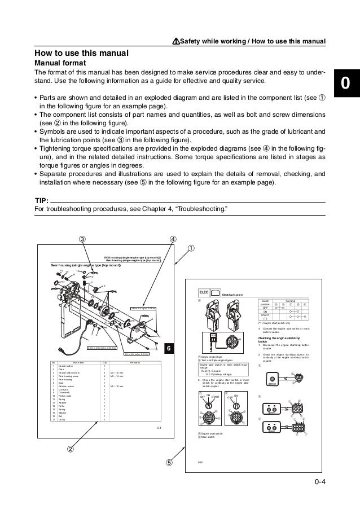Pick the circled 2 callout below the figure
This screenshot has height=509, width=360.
click(x=71, y=449)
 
